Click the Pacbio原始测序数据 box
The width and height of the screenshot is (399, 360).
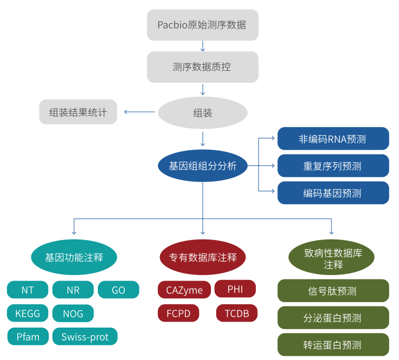point(202,25)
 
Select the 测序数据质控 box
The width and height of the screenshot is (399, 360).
point(202,67)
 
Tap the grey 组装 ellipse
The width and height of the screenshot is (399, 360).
point(202,113)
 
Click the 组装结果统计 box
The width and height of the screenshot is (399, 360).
point(78,112)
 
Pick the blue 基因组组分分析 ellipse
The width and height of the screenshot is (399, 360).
point(202,166)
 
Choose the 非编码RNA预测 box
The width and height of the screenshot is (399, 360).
point(333,139)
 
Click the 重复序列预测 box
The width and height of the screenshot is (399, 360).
point(333,166)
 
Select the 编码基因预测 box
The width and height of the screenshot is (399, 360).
point(333,193)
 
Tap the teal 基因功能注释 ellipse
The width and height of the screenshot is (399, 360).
point(74,257)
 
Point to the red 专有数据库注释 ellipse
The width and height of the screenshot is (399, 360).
point(203,257)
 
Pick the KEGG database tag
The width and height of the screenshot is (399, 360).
point(28,314)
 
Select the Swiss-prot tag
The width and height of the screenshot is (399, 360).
point(85,337)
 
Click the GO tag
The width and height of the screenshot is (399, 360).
point(118,290)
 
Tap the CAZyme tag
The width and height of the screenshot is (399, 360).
point(184,290)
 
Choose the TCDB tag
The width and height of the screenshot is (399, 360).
point(237,314)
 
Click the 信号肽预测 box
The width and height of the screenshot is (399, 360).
point(333,291)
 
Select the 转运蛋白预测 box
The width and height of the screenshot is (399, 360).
point(333,345)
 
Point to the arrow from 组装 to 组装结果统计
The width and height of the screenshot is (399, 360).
point(139,112)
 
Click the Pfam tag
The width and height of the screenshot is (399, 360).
point(28,337)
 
